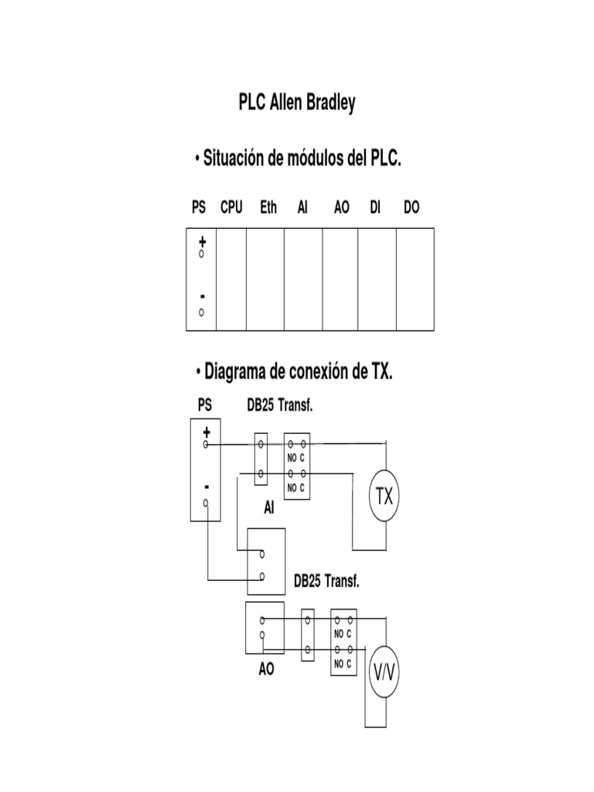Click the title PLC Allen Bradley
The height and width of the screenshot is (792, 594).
tap(297, 104)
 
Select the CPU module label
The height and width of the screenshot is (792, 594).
tap(231, 208)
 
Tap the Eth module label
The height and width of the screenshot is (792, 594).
tap(268, 208)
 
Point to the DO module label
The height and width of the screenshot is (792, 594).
tap(411, 208)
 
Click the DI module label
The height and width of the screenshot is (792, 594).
tap(375, 208)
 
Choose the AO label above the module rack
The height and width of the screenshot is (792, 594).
tap(341, 208)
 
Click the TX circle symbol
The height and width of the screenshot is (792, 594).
tap(384, 497)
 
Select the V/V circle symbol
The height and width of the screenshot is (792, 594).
tap(384, 673)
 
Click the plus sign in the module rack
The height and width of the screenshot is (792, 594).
tap(202, 242)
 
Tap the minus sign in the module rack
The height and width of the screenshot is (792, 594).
tap(202, 297)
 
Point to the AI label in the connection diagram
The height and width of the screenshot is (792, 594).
tap(269, 507)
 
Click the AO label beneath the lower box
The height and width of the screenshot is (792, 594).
tap(267, 670)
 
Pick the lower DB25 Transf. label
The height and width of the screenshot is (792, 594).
tap(326, 580)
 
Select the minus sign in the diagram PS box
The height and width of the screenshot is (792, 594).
tap(207, 487)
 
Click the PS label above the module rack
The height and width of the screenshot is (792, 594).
tap(199, 208)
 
